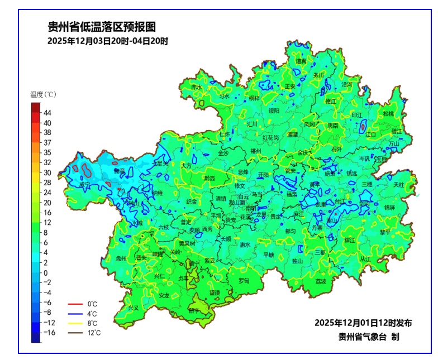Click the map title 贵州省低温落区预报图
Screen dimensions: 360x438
101,27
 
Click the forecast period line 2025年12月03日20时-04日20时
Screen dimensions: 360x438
107,41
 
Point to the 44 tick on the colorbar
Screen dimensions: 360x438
47,113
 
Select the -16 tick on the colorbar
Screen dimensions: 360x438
49,332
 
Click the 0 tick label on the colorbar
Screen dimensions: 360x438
46,273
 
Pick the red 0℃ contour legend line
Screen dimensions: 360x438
75,304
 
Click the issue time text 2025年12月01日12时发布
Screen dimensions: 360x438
363,323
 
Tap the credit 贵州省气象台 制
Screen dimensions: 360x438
368,337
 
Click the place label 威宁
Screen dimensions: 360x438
84,184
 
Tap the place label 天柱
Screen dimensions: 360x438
398,184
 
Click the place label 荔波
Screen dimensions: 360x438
320,281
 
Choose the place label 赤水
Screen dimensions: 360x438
196,87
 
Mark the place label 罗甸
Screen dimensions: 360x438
244,280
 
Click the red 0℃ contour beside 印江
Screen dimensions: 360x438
363,126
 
